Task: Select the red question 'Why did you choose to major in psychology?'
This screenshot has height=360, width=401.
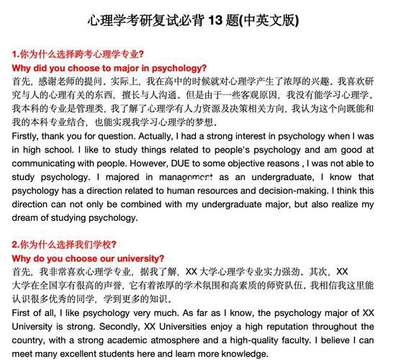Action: [x=109, y=68]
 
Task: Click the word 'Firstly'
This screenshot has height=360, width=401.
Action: [x=27, y=136]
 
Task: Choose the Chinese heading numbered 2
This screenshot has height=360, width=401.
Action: [x=65, y=245]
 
